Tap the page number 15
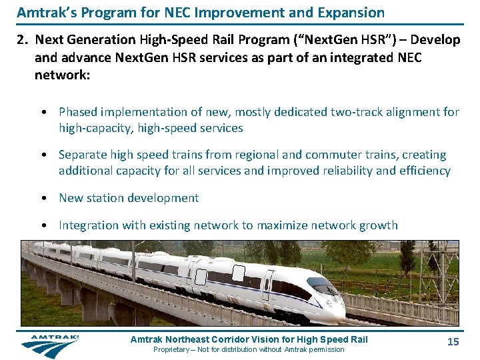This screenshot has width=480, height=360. [453, 342]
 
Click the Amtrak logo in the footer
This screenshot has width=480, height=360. [50, 345]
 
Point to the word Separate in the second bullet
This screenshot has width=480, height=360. [83, 155]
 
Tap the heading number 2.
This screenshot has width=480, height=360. [21, 40]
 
